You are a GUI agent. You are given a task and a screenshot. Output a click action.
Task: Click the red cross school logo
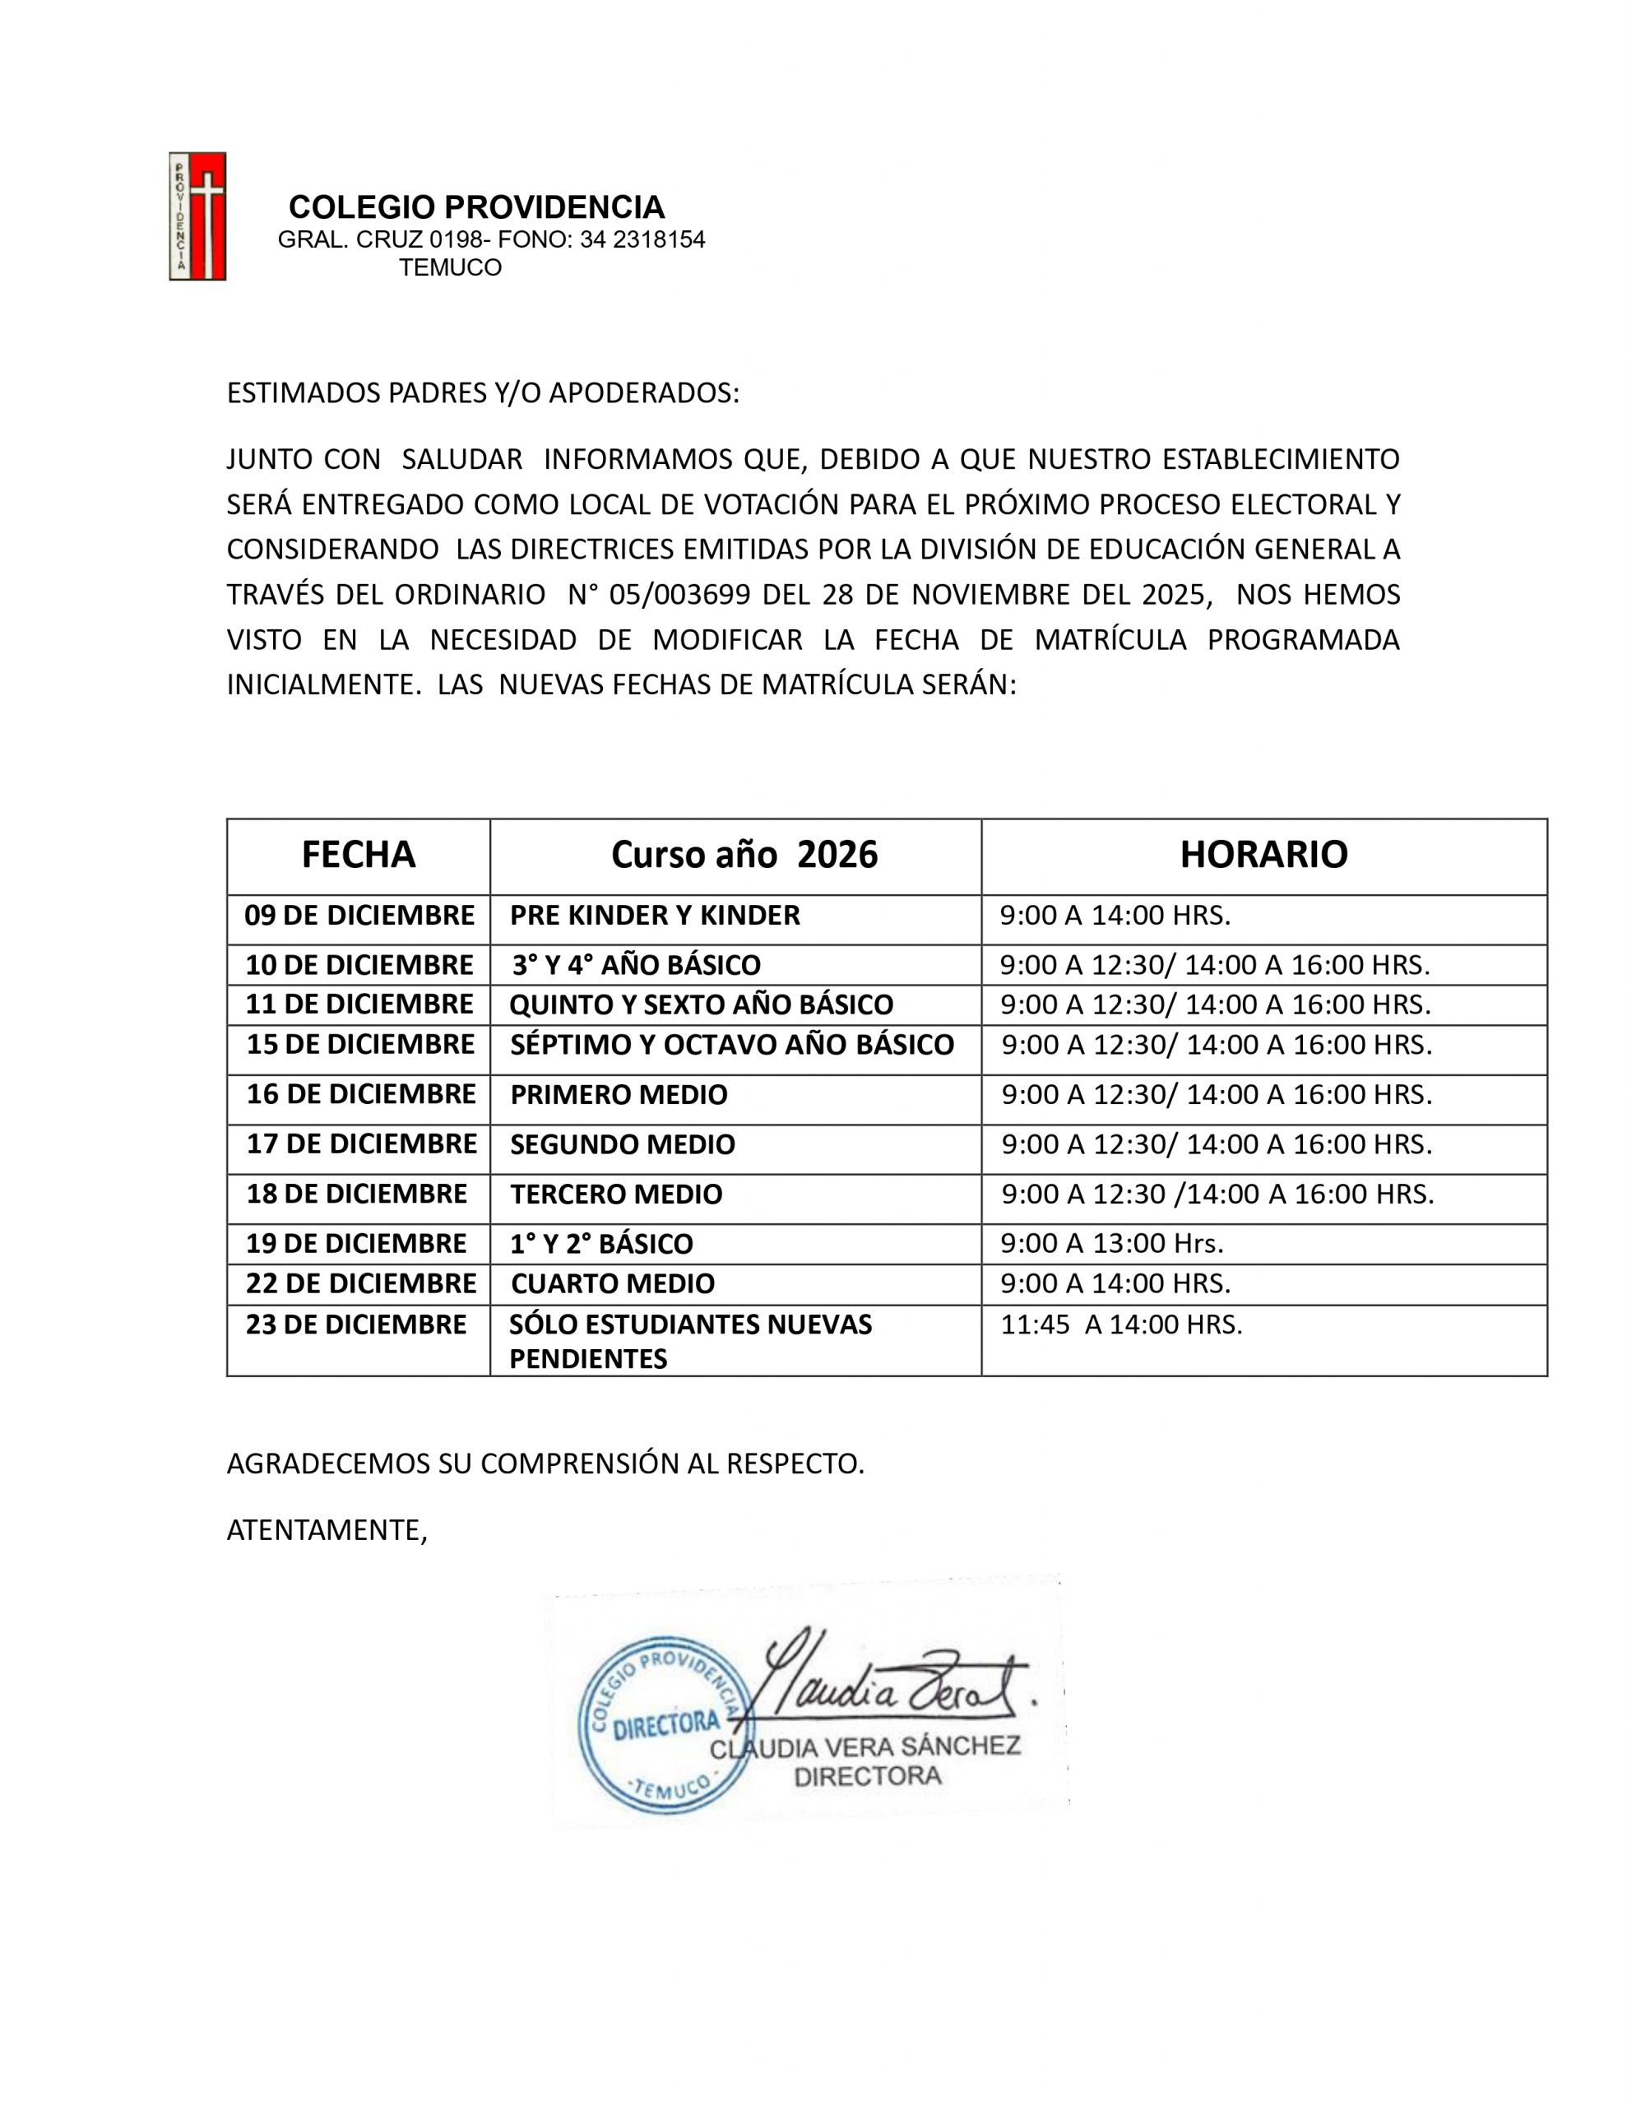[x=197, y=216]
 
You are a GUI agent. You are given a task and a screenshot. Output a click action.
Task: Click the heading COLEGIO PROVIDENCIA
[x=476, y=207]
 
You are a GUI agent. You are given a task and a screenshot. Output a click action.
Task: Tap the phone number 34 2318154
[x=642, y=240]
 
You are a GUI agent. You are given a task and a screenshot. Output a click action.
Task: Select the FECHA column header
[x=358, y=856]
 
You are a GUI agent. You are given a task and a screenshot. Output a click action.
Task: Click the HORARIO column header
[x=1263, y=856]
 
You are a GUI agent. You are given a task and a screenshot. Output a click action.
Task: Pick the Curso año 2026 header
[x=744, y=856]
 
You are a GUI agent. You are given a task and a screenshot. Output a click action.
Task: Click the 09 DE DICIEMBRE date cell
[x=359, y=915]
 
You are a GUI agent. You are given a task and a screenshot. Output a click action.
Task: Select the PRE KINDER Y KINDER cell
[x=655, y=915]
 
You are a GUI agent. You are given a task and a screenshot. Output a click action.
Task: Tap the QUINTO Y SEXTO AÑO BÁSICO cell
[x=701, y=1004]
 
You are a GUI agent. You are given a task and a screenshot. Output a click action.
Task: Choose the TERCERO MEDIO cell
[x=615, y=1194]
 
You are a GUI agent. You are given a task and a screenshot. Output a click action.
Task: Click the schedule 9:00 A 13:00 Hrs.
[x=1111, y=1244]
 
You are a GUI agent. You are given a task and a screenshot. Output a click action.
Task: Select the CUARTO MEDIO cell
[x=613, y=1284]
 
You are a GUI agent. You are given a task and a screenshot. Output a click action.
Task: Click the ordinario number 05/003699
[x=680, y=595]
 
